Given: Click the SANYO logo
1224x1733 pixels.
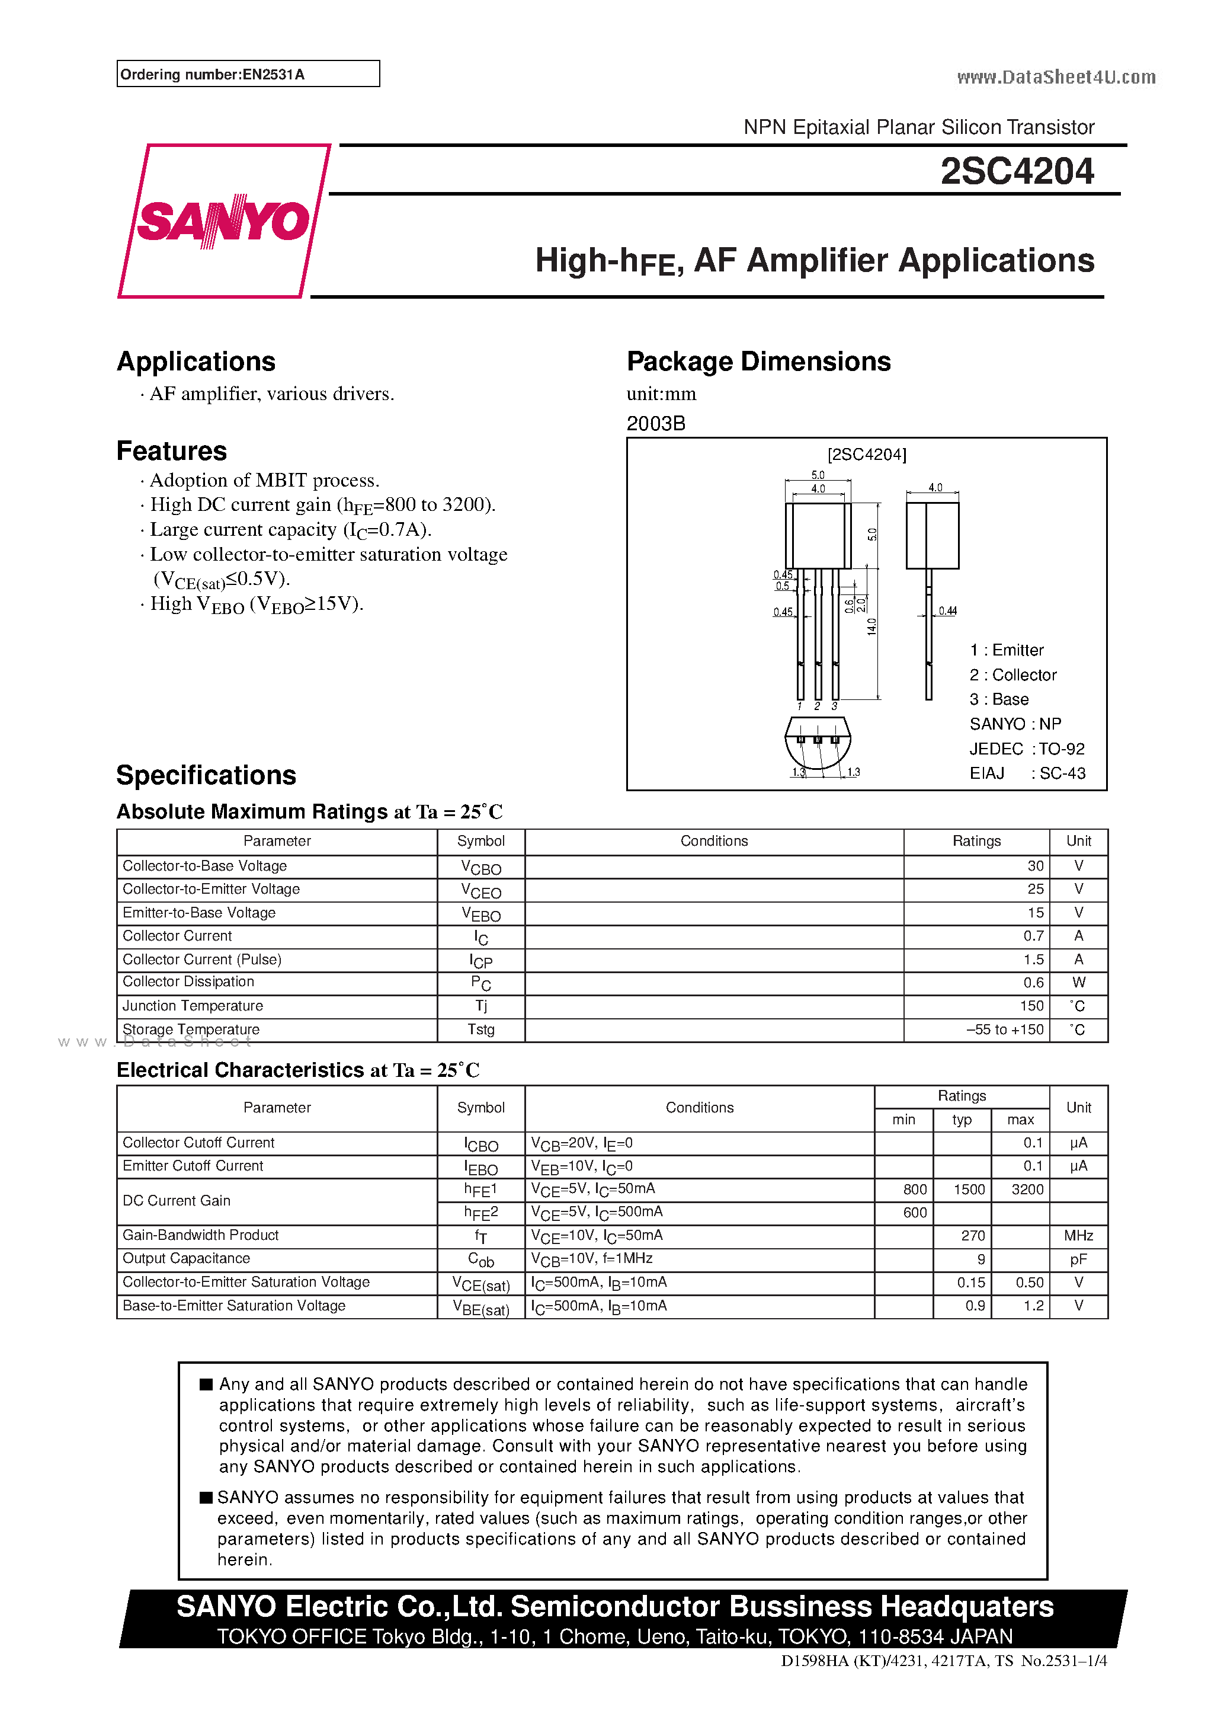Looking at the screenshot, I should pos(223,220).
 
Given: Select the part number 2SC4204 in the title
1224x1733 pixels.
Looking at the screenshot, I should pos(1017,171).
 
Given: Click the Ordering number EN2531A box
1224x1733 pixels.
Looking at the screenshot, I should pos(248,74).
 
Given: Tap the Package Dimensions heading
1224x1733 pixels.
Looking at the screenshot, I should pos(758,362).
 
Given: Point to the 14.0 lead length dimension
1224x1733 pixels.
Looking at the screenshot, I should pos(871,626).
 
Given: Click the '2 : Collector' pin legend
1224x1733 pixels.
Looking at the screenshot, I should pos(1012,675).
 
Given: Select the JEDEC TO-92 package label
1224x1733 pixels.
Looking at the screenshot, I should pos(1027,749).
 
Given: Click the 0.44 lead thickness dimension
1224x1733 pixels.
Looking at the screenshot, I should pos(947,610).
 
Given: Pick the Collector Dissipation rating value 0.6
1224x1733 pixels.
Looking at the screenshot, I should pos(1033,983).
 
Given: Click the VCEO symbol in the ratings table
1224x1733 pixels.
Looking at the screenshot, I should pos(480,891).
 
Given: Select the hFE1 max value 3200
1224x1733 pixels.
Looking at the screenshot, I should pos(1027,1190).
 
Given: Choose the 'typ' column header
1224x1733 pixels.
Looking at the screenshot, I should pos(962,1120).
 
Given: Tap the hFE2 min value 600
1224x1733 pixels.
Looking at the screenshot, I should pos(915,1212).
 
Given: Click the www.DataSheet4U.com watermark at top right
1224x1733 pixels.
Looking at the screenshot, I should pos(1056,77).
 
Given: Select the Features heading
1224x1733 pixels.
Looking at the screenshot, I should pos(171,450).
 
